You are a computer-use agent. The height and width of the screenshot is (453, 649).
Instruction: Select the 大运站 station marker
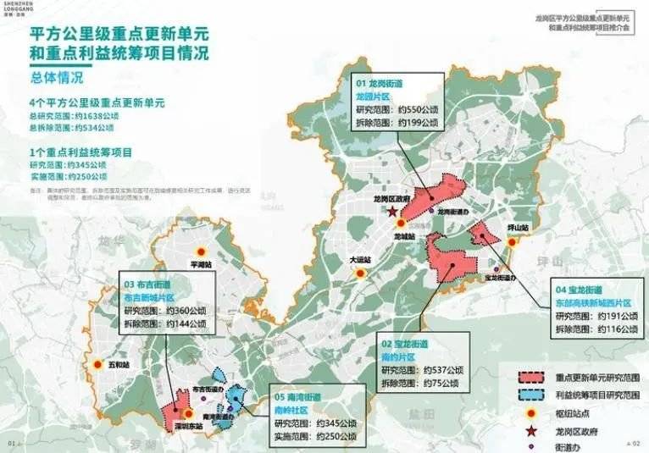pyautogui.click(x=359, y=273)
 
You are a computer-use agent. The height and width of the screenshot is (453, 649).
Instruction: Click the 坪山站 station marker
pyautogui.click(x=512, y=242)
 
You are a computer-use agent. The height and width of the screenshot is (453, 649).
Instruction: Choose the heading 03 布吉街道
pyautogui.click(x=149, y=286)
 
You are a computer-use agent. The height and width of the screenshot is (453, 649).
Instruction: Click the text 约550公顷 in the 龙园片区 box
pyautogui.click(x=414, y=110)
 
